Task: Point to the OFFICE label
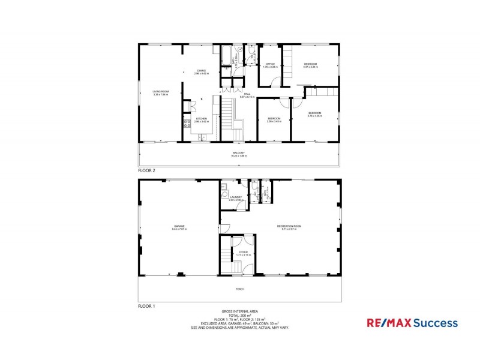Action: [x=271, y=65]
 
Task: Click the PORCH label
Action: [x=239, y=289]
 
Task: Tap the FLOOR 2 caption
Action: [x=146, y=171]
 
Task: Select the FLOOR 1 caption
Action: [x=146, y=306]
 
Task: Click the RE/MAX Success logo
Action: [x=412, y=323]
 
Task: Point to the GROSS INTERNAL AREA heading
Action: [x=239, y=311]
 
